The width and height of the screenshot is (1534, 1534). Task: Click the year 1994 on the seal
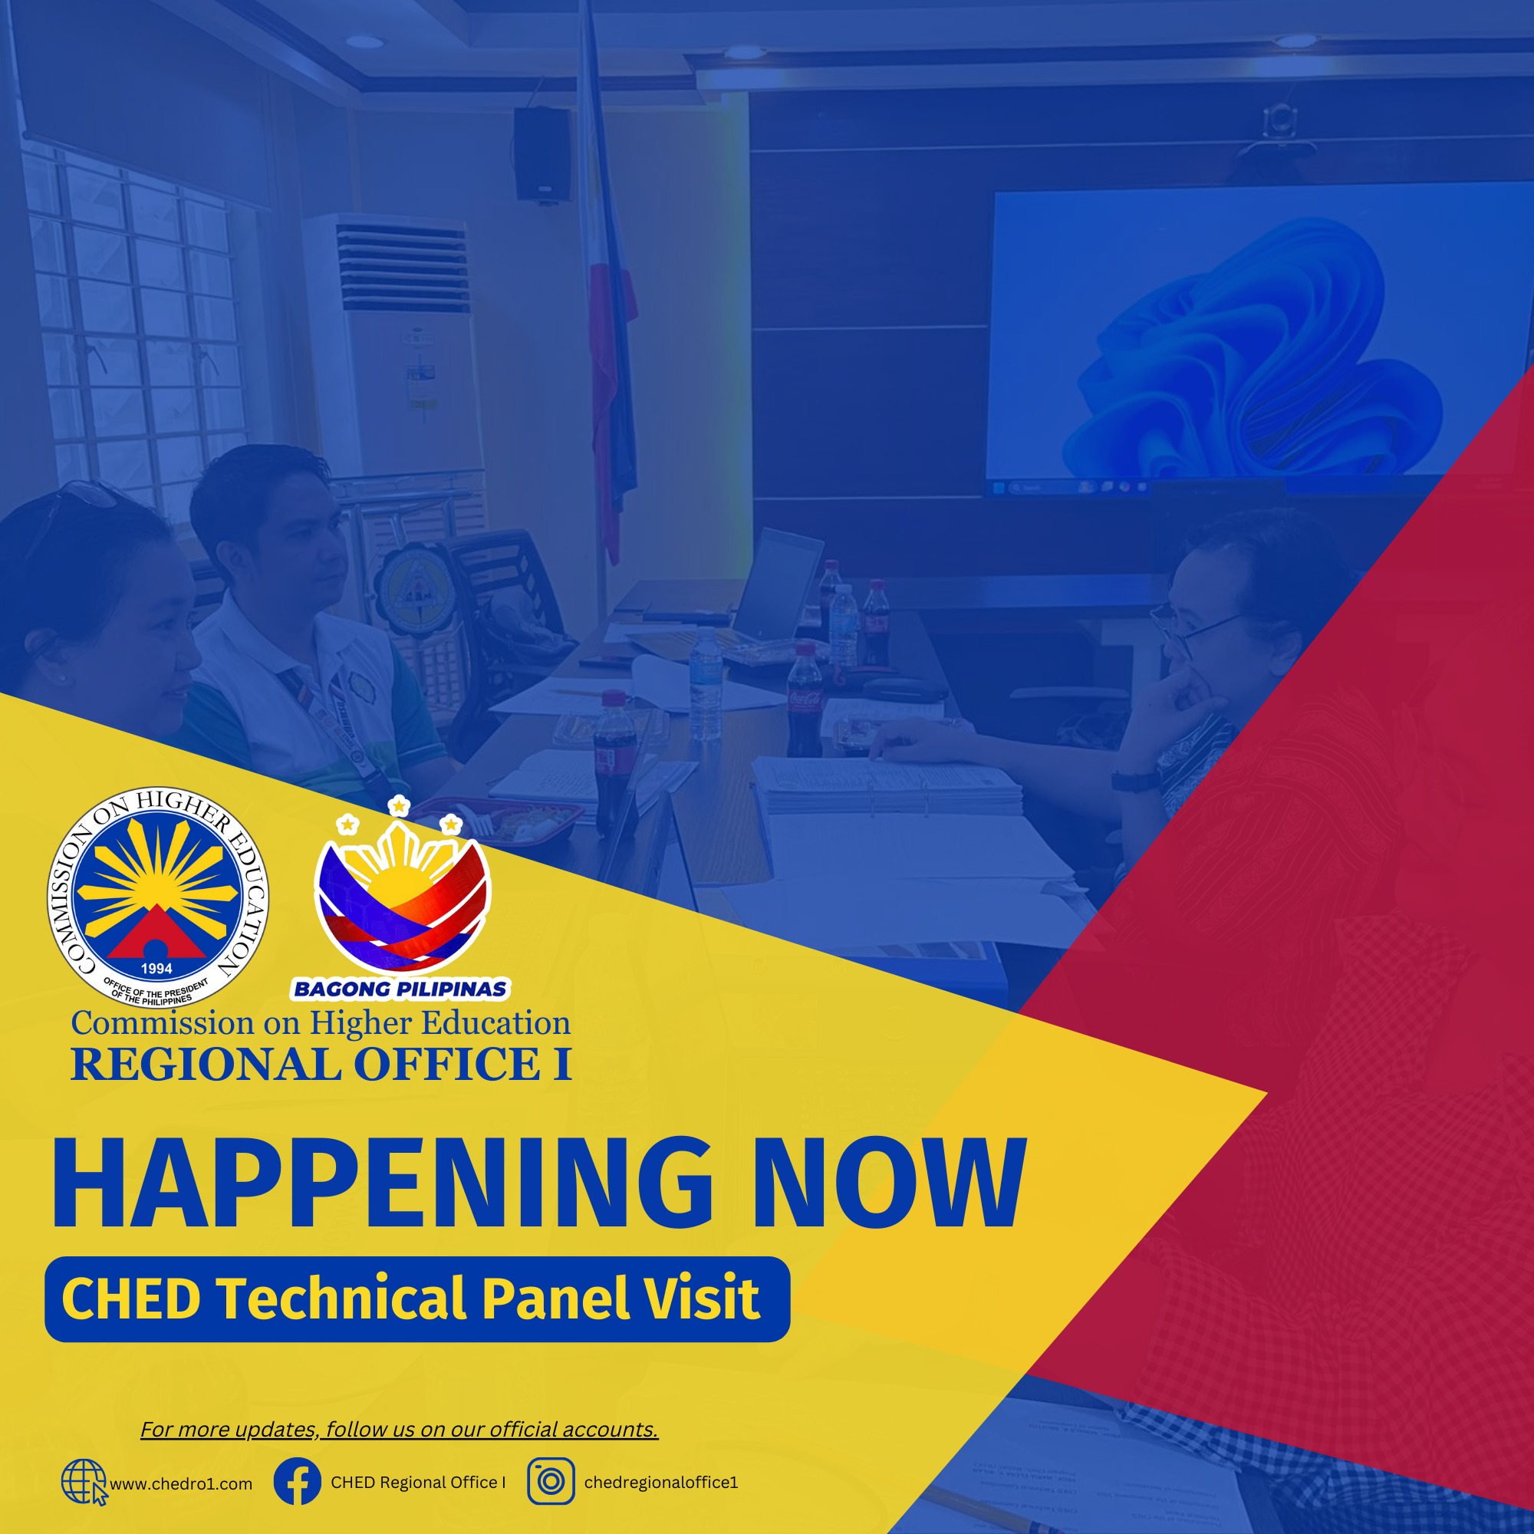156,969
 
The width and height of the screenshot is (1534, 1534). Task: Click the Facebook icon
298,1481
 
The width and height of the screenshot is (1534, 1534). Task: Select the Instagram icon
551,1481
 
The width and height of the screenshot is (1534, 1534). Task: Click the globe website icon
84,1482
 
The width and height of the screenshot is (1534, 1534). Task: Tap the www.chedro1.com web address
181,1484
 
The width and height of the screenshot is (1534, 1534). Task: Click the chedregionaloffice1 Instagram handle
661,1483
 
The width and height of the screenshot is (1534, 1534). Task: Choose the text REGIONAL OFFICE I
321,1065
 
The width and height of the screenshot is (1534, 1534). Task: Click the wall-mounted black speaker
542,154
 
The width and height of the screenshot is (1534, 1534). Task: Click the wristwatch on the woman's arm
1134,780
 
